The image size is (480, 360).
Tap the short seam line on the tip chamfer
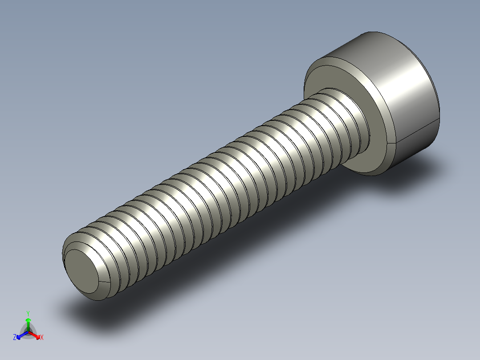104,282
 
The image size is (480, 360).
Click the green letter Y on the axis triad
28,313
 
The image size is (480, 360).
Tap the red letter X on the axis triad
42,338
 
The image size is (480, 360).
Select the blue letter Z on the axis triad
15,338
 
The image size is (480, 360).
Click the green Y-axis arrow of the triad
28,323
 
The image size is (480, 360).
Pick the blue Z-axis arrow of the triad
20,335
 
